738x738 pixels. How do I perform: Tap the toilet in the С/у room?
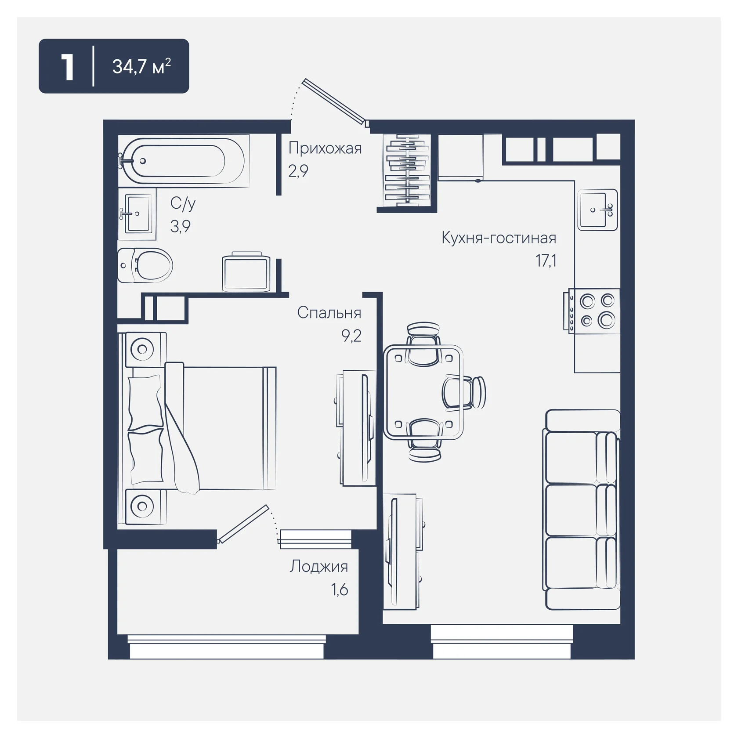(145, 265)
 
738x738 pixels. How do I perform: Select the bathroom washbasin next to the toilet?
(137, 214)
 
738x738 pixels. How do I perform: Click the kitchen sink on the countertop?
(597, 210)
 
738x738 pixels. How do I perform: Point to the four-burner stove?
(592, 311)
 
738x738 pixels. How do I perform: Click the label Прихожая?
(325, 148)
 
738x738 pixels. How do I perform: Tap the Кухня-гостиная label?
(499, 238)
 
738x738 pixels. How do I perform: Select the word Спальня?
(329, 313)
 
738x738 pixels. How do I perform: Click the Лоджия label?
(319, 567)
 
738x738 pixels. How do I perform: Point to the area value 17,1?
(546, 261)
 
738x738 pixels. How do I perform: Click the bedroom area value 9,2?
(351, 336)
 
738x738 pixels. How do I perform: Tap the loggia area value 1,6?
(340, 590)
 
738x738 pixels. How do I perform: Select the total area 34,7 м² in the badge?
(141, 66)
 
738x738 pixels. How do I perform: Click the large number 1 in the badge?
(67, 67)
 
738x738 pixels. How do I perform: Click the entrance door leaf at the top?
(334, 101)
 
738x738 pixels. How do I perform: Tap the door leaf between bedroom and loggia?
(243, 524)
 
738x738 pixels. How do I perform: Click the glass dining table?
(423, 391)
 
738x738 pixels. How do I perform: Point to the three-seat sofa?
(582, 510)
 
